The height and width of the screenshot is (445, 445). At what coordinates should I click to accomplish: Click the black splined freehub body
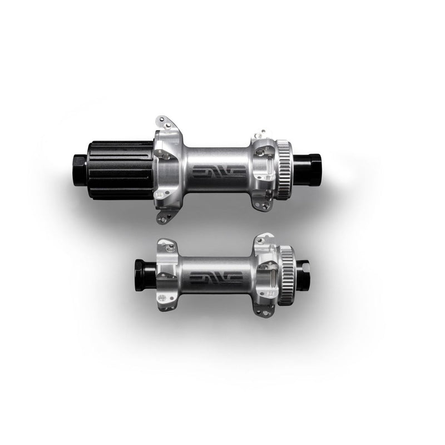pos(121,171)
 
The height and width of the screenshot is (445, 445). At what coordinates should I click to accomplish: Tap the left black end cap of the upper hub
pos(80,170)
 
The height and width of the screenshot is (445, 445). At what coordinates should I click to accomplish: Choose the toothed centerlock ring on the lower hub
pos(286,275)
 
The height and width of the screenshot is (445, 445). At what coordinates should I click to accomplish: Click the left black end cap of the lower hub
pos(145,275)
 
